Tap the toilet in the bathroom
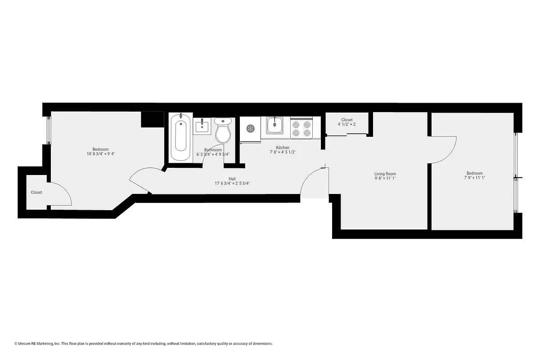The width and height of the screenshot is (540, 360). (x=223, y=130)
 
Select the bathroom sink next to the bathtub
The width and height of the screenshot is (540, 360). (x=202, y=126)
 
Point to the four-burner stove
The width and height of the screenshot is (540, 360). (x=301, y=128)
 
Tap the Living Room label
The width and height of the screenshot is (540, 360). (x=385, y=174)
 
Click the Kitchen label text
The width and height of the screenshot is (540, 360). (x=283, y=148)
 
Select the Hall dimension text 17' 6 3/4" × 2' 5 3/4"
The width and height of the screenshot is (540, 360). (x=232, y=184)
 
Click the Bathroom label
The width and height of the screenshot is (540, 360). (x=213, y=150)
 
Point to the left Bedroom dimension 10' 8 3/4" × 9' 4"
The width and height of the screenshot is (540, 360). (x=100, y=154)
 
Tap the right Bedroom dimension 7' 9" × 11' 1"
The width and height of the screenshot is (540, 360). (x=474, y=178)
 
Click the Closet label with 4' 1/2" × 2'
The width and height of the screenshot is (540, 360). (x=347, y=122)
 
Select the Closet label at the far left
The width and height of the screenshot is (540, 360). (x=36, y=192)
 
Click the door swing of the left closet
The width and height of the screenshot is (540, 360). (x=61, y=194)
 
